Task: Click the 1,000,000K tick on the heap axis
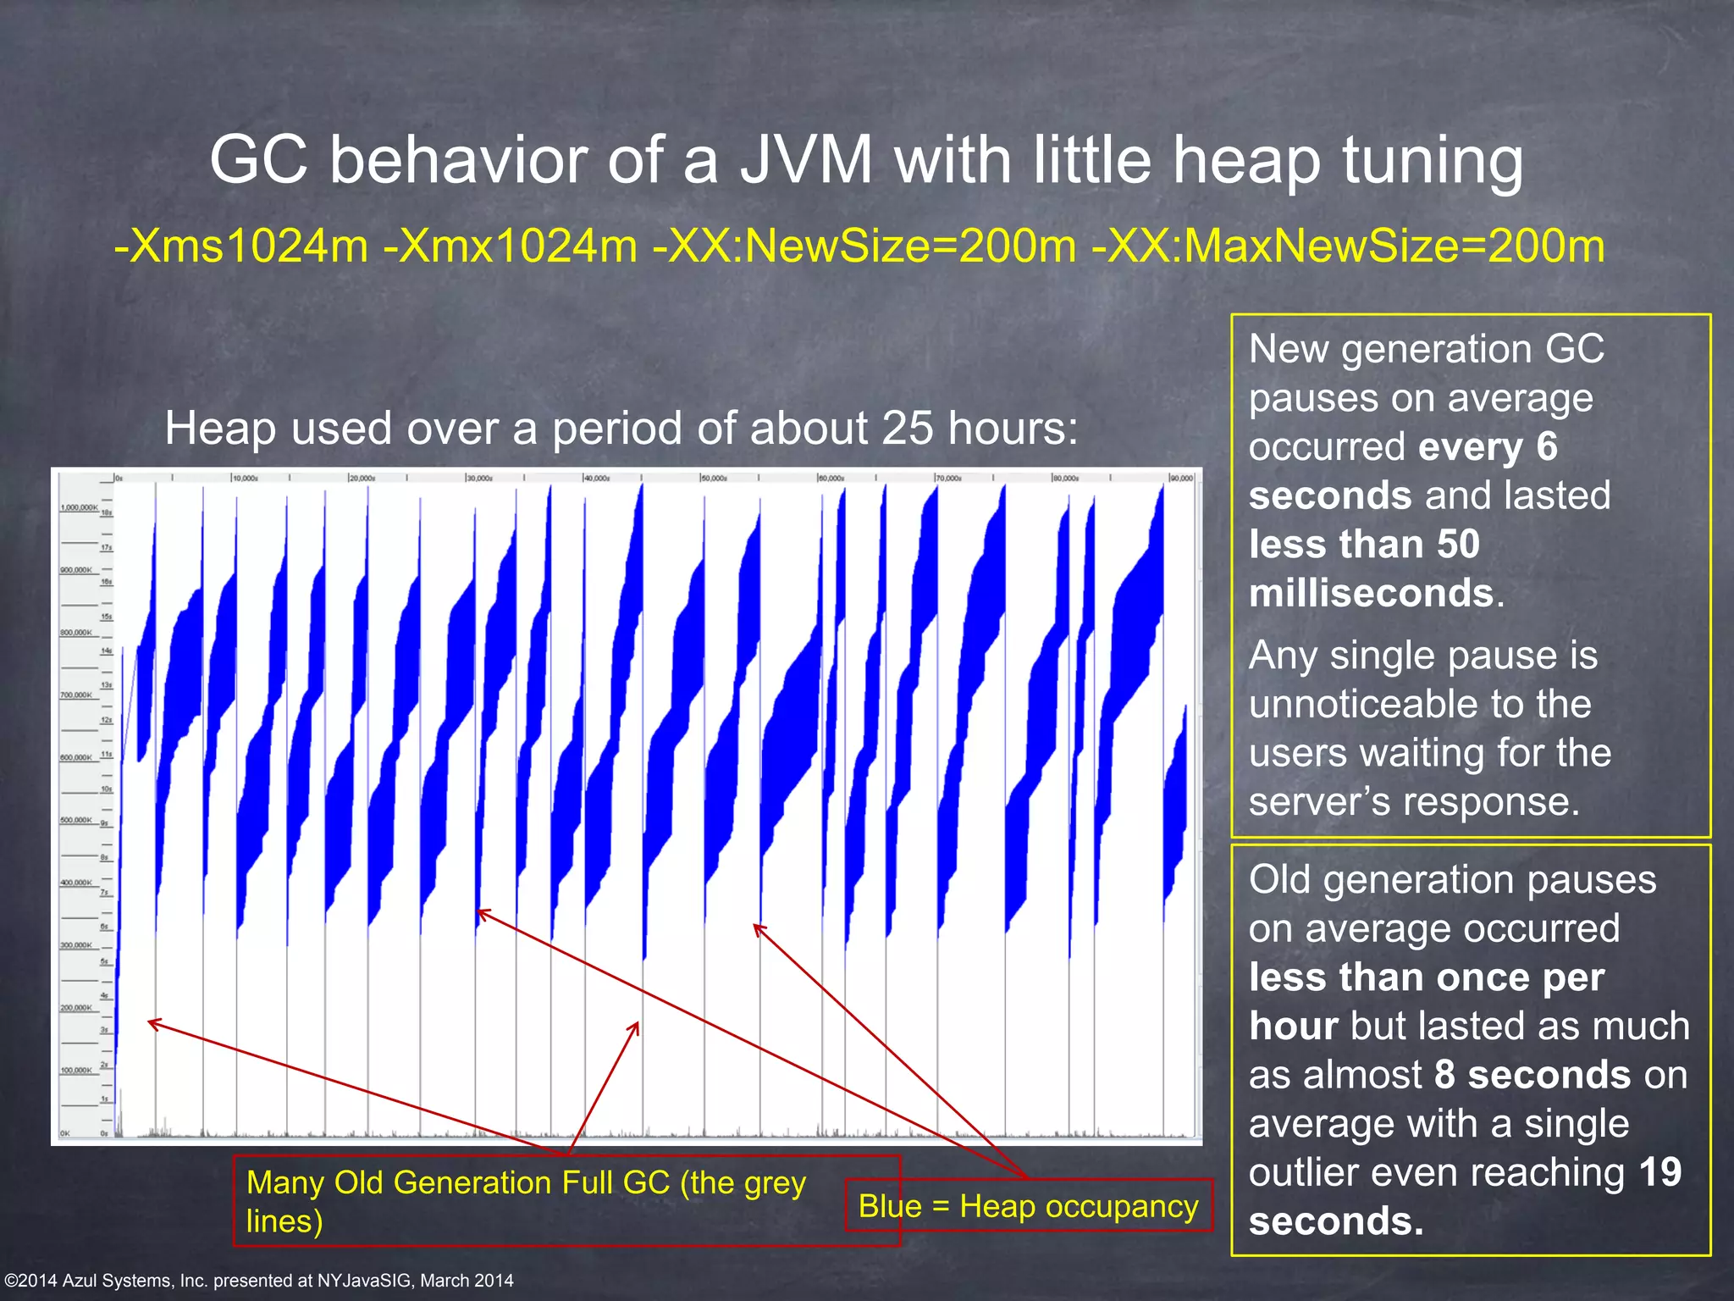[78, 507]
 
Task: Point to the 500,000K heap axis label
[75, 820]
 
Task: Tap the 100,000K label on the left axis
[75, 1070]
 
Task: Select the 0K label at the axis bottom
[64, 1133]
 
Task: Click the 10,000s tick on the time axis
[246, 479]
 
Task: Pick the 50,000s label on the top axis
[715, 479]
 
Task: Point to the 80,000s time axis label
[1066, 479]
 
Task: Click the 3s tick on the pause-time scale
[105, 1030]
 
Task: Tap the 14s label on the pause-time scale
[107, 650]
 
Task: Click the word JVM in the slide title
[806, 161]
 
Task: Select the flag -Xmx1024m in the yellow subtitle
[510, 246]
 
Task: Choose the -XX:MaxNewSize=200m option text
[1348, 246]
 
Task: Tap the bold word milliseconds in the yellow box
[1371, 593]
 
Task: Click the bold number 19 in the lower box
[1659, 1172]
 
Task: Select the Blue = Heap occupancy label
[1028, 1205]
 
